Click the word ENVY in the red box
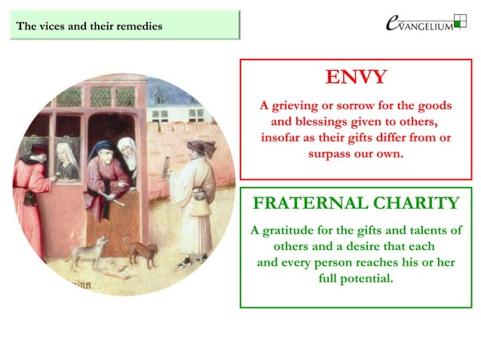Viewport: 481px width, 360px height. [x=356, y=78]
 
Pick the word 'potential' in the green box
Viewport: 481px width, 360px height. [x=369, y=279]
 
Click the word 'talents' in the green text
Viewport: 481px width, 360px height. [x=421, y=230]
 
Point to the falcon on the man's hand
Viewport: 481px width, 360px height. [x=166, y=166]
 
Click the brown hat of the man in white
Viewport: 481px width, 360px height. [x=198, y=146]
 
